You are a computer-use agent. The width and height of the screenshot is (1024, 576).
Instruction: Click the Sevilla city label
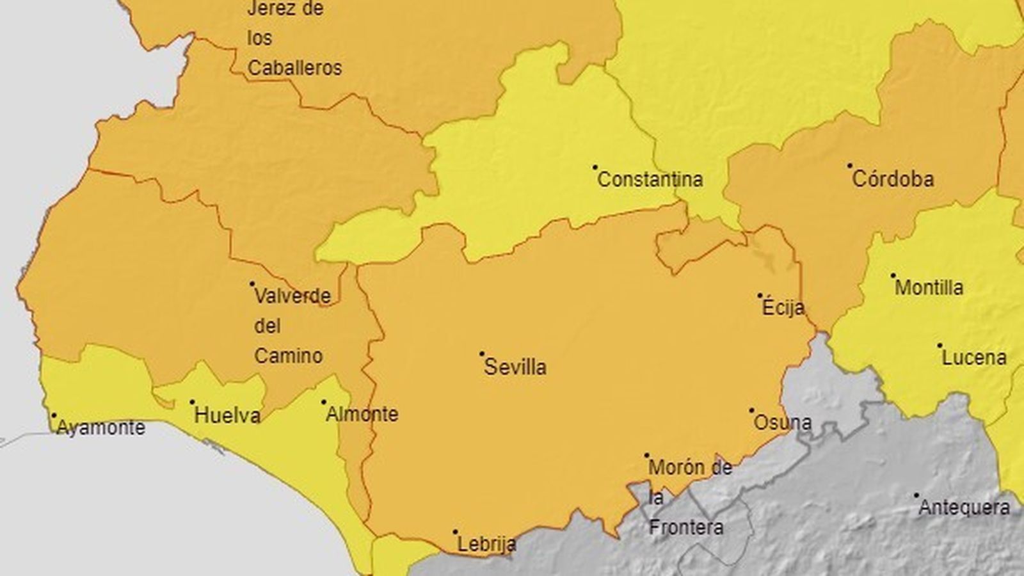515,367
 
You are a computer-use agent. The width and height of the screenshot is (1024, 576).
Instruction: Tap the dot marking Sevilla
482,353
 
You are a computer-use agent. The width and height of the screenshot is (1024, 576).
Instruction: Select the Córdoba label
893,179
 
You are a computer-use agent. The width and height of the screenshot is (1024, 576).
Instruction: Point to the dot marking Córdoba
850,165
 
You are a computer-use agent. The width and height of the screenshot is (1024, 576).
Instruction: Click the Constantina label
650,179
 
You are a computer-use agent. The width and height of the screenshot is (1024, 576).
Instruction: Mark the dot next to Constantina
595,167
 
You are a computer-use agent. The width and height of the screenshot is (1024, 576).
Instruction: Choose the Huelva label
227,416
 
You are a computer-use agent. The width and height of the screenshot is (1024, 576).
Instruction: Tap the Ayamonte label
101,428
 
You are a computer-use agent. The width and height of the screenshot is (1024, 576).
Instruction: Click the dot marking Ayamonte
54,415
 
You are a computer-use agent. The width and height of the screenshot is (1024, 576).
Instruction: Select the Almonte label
362,415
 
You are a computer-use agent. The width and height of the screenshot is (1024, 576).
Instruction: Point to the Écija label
783,308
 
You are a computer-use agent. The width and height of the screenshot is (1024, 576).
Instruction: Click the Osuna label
783,422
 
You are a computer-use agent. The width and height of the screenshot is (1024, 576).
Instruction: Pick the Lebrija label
487,545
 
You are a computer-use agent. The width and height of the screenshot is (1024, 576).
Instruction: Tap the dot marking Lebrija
456,532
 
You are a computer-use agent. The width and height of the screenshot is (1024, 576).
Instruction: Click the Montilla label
929,287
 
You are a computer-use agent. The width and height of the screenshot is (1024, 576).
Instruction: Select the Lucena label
974,357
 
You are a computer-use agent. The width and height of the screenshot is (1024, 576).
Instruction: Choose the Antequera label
964,508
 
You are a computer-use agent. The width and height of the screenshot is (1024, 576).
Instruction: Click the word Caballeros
294,68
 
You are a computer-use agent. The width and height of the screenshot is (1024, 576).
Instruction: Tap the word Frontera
686,528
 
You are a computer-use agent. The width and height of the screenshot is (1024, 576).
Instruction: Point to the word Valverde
292,296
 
